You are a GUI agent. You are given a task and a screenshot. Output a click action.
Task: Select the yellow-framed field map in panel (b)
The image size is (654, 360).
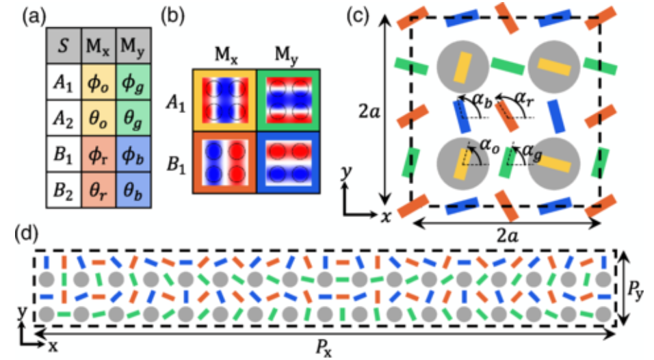pos(224,100)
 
